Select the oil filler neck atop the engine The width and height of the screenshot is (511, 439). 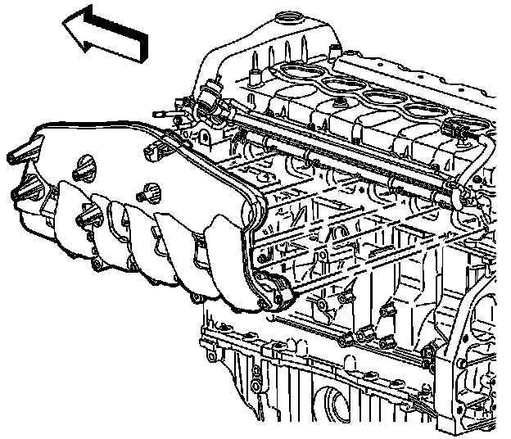(287, 20)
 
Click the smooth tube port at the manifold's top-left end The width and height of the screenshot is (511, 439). (18, 156)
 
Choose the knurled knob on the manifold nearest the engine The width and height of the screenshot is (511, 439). (150, 194)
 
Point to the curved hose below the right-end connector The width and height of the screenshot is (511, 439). (483, 164)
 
